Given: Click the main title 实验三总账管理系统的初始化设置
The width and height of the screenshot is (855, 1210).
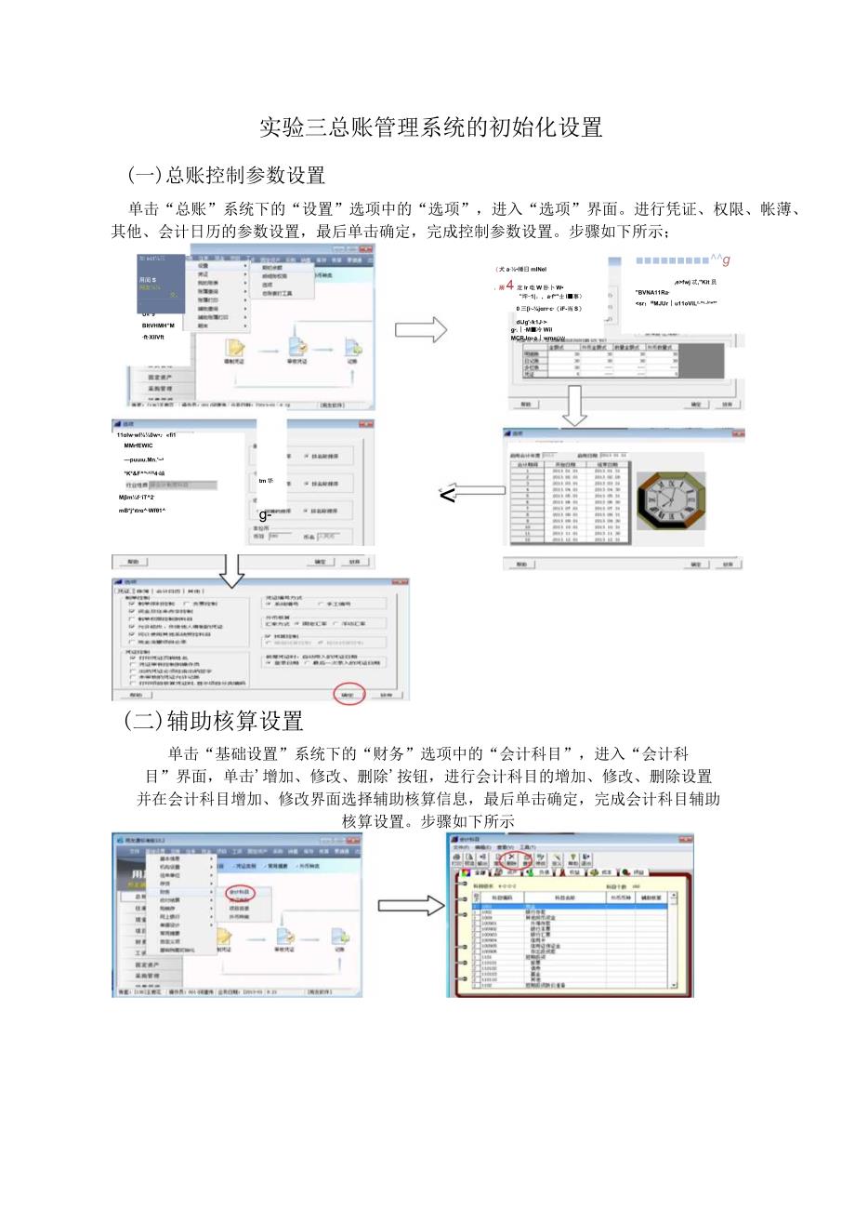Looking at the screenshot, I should (431, 126).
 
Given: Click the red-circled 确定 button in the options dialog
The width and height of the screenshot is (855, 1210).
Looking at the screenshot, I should (348, 695).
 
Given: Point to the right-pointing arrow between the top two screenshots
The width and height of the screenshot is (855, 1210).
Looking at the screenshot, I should (420, 329).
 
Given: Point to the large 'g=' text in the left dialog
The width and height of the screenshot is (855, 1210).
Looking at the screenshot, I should (266, 515).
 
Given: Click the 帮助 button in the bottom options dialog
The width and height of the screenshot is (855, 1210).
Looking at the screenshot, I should (136, 695).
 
